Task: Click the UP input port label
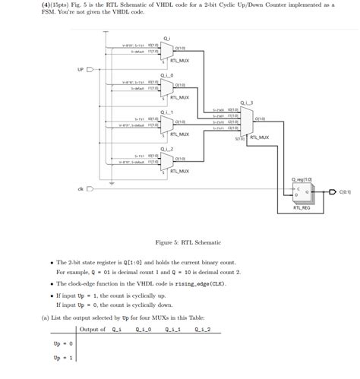click(x=81, y=69)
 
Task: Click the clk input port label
click(x=80, y=188)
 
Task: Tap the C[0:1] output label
click(x=345, y=193)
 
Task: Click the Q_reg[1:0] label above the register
click(x=302, y=179)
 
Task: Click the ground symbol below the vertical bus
click(x=112, y=183)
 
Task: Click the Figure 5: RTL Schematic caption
click(x=188, y=242)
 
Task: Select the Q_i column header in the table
click(x=116, y=329)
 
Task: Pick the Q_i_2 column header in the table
click(x=202, y=329)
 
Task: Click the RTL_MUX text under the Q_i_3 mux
click(x=258, y=137)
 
